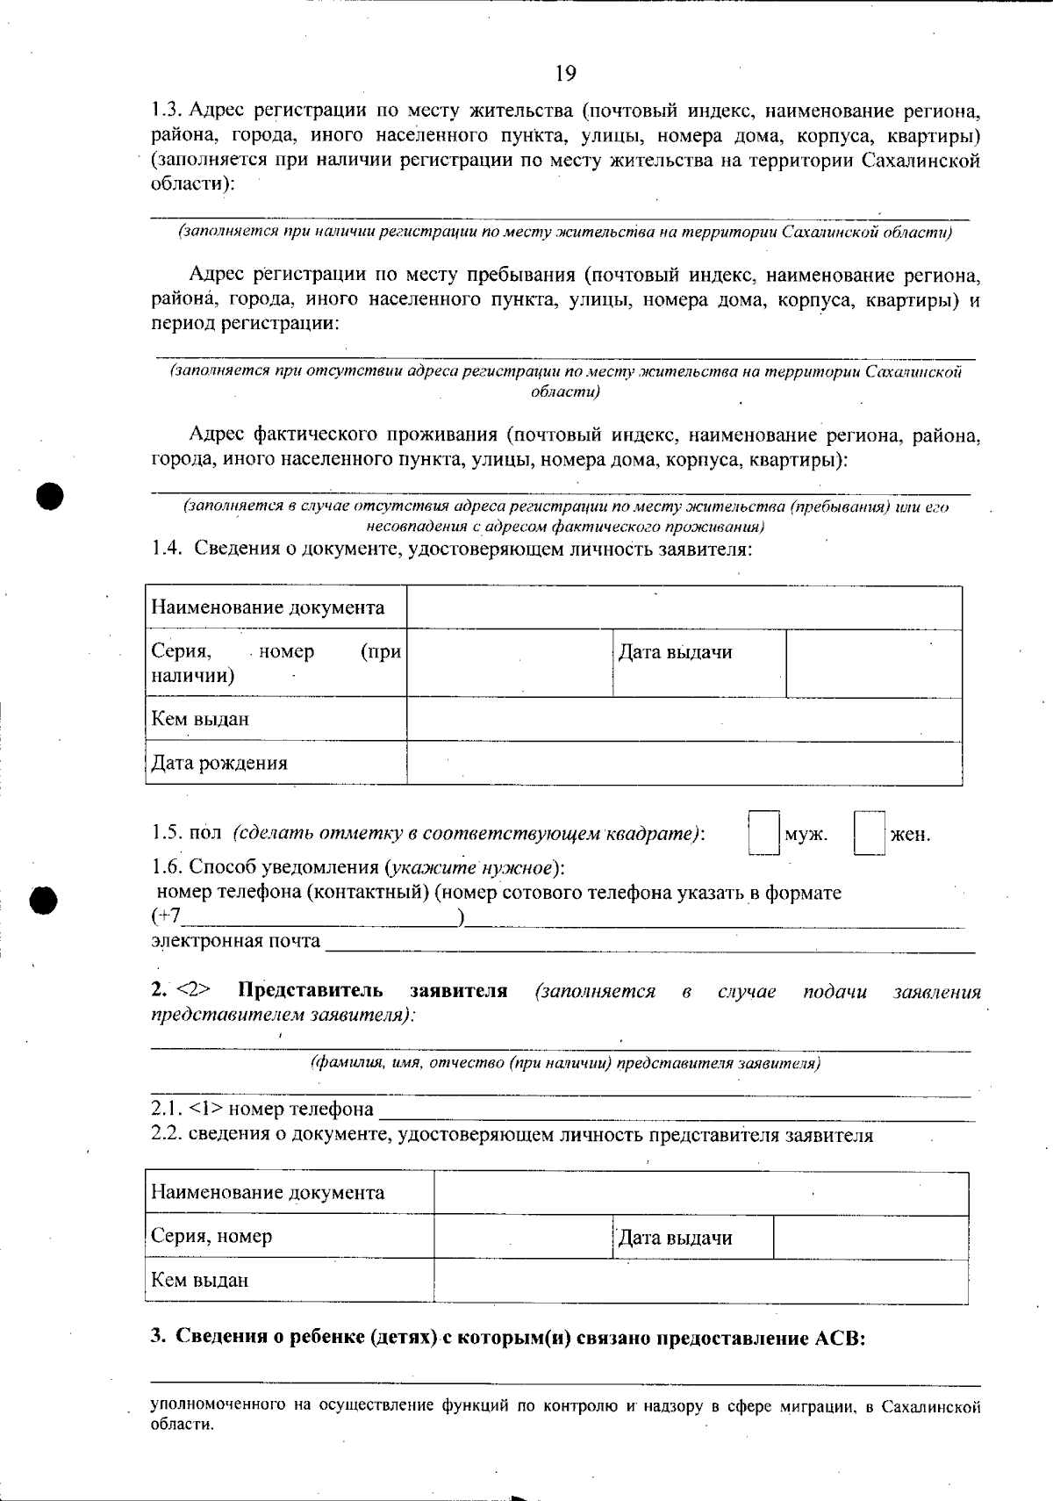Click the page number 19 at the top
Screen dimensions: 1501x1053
pyautogui.click(x=566, y=73)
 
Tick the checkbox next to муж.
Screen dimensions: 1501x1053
pyautogui.click(x=763, y=832)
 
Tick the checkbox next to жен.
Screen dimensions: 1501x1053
pyautogui.click(x=869, y=832)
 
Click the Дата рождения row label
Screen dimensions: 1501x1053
pyautogui.click(x=219, y=763)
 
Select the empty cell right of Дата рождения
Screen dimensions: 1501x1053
pyautogui.click(x=684, y=763)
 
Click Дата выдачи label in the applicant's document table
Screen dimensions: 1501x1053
pyautogui.click(x=675, y=652)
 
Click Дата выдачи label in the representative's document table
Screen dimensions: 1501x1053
pyautogui.click(x=675, y=1239)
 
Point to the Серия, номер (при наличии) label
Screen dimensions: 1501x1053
pyautogui.click(x=276, y=663)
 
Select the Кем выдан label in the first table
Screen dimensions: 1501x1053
pyautogui.click(x=200, y=719)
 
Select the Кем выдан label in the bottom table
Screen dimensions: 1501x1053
pyautogui.click(x=200, y=1280)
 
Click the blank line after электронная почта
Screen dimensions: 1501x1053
pyautogui.click(x=649, y=944)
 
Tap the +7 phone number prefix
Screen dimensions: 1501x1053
pyautogui.click(x=168, y=917)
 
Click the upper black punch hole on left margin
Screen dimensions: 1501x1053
pyautogui.click(x=52, y=496)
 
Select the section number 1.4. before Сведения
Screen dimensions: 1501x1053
pyautogui.click(x=167, y=549)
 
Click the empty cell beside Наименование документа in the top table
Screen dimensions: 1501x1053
pyautogui.click(x=684, y=607)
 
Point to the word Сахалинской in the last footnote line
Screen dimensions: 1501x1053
pyautogui.click(x=930, y=1407)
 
